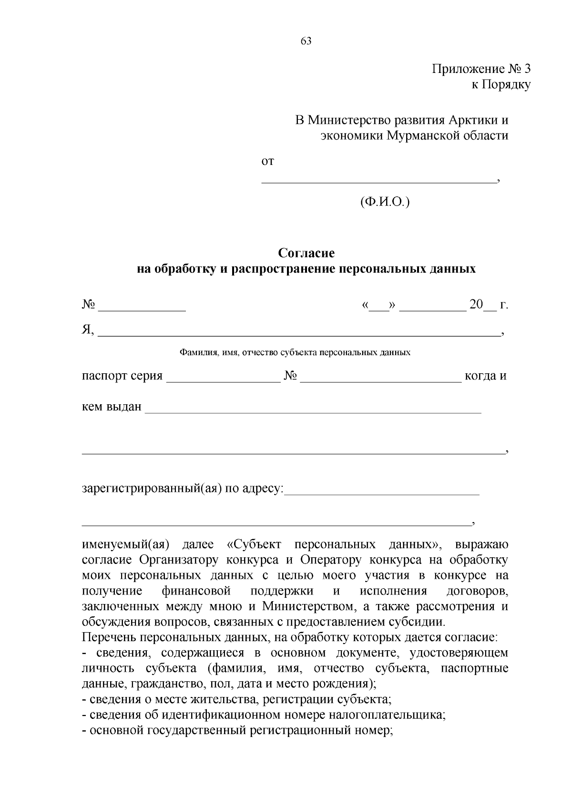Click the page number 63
(306, 41)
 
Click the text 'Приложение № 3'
(481, 69)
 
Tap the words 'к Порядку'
(500, 85)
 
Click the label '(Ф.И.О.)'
(385, 202)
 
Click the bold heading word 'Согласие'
(306, 253)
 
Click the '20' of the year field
(476, 305)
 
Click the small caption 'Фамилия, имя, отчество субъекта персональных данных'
(295, 353)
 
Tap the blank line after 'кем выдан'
(313, 410)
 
